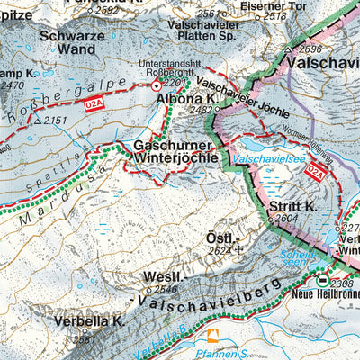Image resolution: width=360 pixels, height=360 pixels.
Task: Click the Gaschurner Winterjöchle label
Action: pyautogui.click(x=175, y=153)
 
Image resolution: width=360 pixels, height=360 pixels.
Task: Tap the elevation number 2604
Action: pyautogui.click(x=286, y=219)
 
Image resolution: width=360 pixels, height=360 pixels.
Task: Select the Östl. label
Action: pyautogui.click(x=220, y=238)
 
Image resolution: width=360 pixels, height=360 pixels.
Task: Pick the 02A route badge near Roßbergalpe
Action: pyautogui.click(x=95, y=105)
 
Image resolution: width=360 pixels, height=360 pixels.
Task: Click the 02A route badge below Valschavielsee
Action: pyautogui.click(x=315, y=176)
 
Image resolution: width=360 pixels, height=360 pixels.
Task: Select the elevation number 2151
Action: pyautogui.click(x=55, y=120)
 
